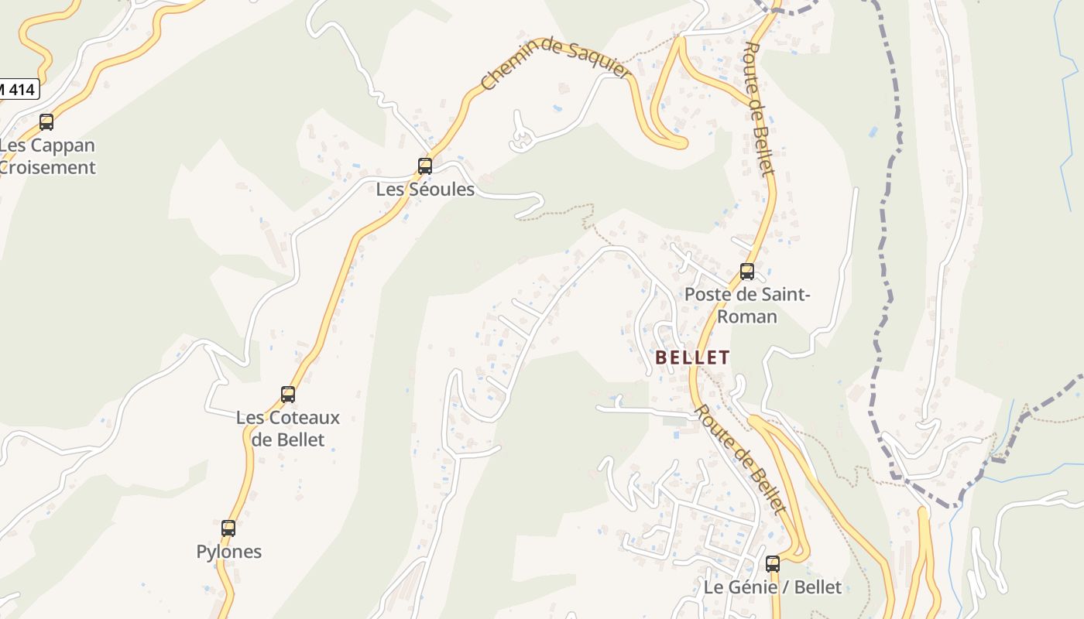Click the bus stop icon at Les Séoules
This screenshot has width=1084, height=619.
click(424, 166)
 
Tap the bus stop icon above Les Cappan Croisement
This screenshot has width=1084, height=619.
click(46, 121)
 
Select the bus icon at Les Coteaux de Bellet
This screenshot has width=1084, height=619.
click(288, 395)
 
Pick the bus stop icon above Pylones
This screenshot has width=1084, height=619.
click(228, 528)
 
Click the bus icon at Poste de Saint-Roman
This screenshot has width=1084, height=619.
click(747, 272)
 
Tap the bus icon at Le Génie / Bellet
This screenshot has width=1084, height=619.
click(773, 564)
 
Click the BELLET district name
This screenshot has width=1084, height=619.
click(692, 357)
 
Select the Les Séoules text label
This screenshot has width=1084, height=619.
click(425, 189)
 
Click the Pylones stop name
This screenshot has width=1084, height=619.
click(229, 552)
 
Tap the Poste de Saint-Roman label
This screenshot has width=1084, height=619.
click(747, 305)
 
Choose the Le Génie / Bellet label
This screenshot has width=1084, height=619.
click(772, 587)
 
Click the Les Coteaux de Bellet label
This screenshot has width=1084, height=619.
click(288, 429)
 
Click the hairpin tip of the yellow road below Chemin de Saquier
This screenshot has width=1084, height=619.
click(681, 143)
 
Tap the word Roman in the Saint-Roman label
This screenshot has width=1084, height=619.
click(747, 316)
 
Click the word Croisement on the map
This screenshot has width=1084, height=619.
click(48, 167)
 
